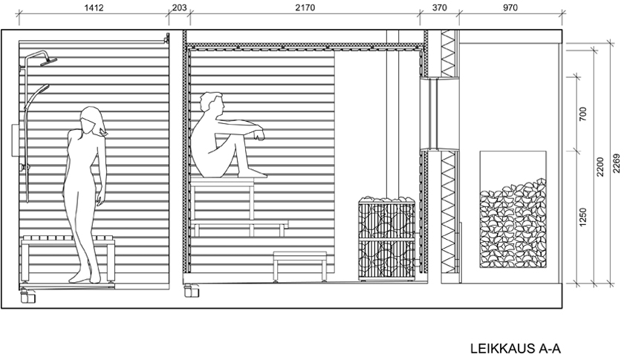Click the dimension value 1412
[94, 7]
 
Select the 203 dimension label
[179, 7]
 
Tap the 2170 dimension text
[305, 7]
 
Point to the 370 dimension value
[439, 7]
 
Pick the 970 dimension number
[510, 7]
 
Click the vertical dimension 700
[583, 114]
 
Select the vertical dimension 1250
[583, 217]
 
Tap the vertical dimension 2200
[600, 167]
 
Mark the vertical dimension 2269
[617, 163]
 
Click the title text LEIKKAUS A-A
[516, 348]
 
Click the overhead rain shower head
[48, 60]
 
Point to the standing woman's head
[93, 120]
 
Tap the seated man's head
[210, 102]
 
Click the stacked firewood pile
[513, 223]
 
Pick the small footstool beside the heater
[300, 266]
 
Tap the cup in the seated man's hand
[260, 137]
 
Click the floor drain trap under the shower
[28, 296]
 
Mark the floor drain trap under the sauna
[192, 291]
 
